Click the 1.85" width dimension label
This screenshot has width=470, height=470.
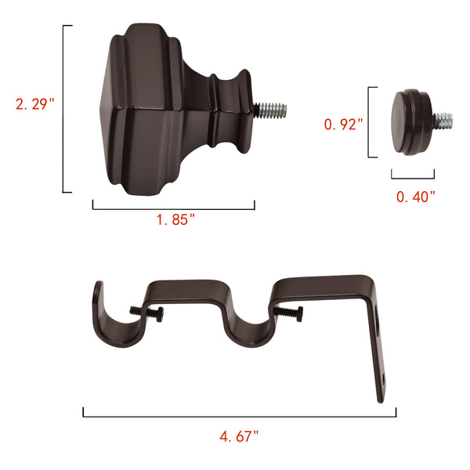[x=175, y=220]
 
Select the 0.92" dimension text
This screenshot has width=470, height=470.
[x=344, y=123]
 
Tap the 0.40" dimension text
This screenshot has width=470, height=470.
[x=416, y=197]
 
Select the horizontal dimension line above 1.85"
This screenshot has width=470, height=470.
[x=173, y=208]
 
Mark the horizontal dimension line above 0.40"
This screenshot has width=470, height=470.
[x=413, y=179]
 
